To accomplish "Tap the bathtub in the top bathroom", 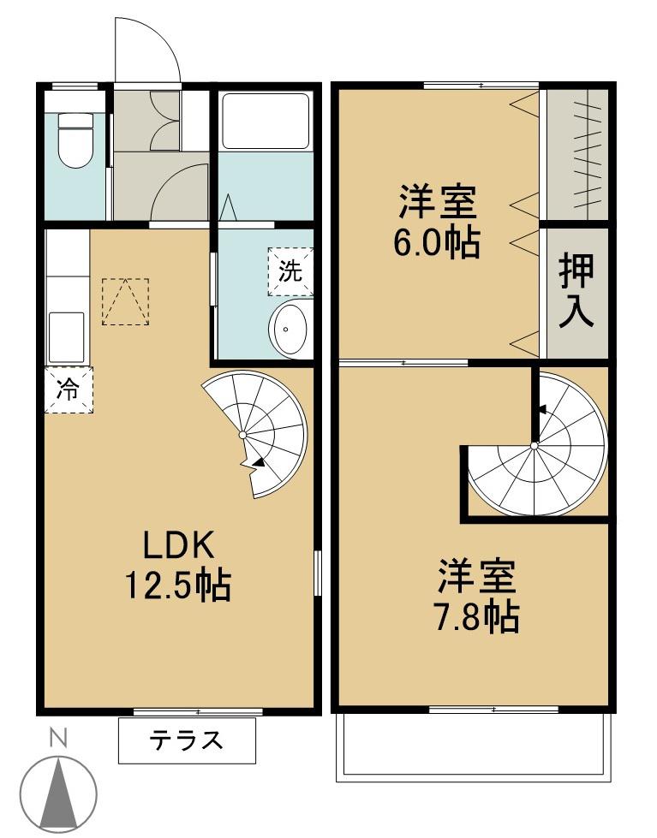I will click(265, 122).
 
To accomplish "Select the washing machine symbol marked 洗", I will click(290, 271).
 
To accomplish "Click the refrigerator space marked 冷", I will click(68, 389).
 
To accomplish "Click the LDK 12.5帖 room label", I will click(177, 566).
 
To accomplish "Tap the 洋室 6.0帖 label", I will click(436, 223).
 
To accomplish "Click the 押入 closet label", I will click(576, 291).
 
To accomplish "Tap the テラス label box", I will click(187, 740).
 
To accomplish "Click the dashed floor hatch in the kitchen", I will click(125, 300).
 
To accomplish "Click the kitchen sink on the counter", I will click(66, 336).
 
